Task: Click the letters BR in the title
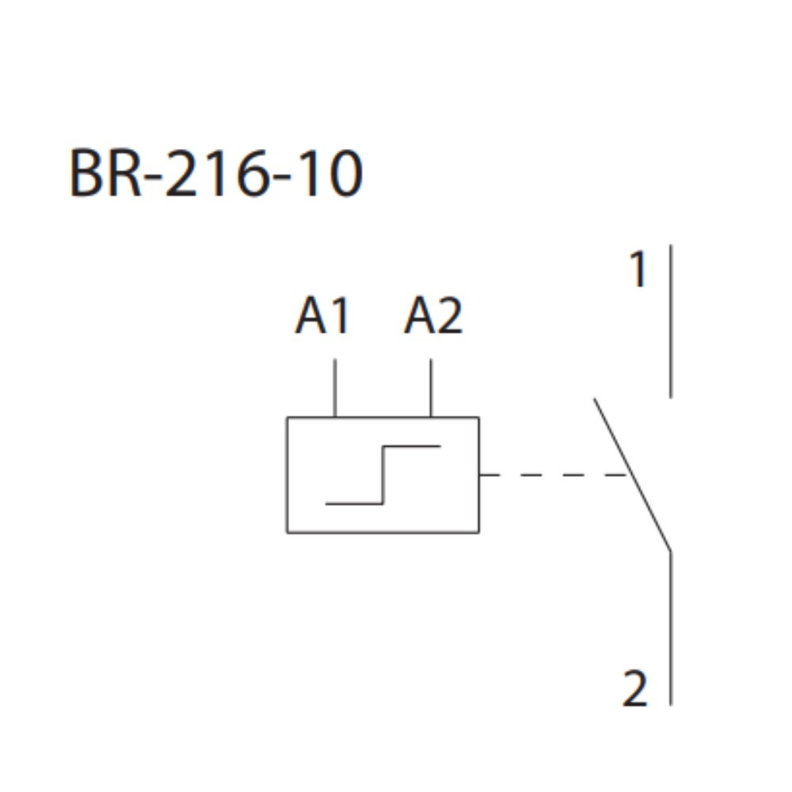click(x=104, y=174)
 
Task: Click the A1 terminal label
click(x=322, y=317)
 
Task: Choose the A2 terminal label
click(x=432, y=317)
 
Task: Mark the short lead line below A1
click(x=335, y=388)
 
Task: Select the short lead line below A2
click(x=431, y=388)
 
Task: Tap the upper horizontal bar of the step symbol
click(x=412, y=446)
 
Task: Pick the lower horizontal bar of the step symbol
click(x=354, y=503)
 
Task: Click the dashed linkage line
click(x=554, y=475)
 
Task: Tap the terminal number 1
click(x=638, y=272)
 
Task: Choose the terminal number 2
click(x=635, y=689)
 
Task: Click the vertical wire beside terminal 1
click(x=671, y=321)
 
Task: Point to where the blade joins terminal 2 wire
click(x=671, y=550)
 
